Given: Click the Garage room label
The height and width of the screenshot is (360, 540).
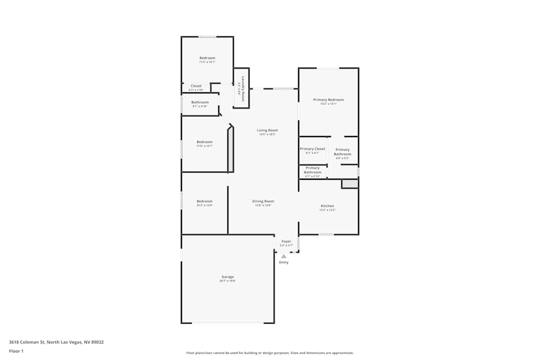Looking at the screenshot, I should point(227,277).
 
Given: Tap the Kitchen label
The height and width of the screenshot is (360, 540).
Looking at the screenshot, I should point(327,206).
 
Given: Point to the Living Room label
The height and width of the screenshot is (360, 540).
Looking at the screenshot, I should point(267,130).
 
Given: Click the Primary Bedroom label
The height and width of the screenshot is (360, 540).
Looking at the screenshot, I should point(328,100).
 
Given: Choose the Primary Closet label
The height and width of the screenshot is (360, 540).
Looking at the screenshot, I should point(312,149).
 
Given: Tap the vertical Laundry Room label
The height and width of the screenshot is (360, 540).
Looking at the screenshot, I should point(243,89).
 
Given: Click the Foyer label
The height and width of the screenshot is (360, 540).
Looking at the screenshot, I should point(286,241).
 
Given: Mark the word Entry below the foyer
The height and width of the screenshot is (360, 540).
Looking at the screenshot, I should point(283,262).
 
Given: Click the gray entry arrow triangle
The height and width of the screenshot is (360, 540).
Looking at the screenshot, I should point(283,256).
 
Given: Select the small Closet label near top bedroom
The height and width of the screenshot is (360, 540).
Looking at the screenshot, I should point(196,86).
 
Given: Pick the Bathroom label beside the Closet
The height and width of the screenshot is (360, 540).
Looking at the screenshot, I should point(200,102).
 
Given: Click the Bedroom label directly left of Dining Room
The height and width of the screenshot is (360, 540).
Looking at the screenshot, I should point(204,201).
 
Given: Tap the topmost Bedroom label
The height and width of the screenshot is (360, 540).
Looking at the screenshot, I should point(207,58).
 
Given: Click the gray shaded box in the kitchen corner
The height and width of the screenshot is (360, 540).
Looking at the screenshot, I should point(349,184).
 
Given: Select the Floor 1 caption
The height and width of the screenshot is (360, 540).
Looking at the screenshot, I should point(16,351).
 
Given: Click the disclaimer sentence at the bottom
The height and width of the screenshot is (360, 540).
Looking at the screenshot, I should point(270,353).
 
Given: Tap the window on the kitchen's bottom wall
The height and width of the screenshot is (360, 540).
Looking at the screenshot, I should point(326,234).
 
